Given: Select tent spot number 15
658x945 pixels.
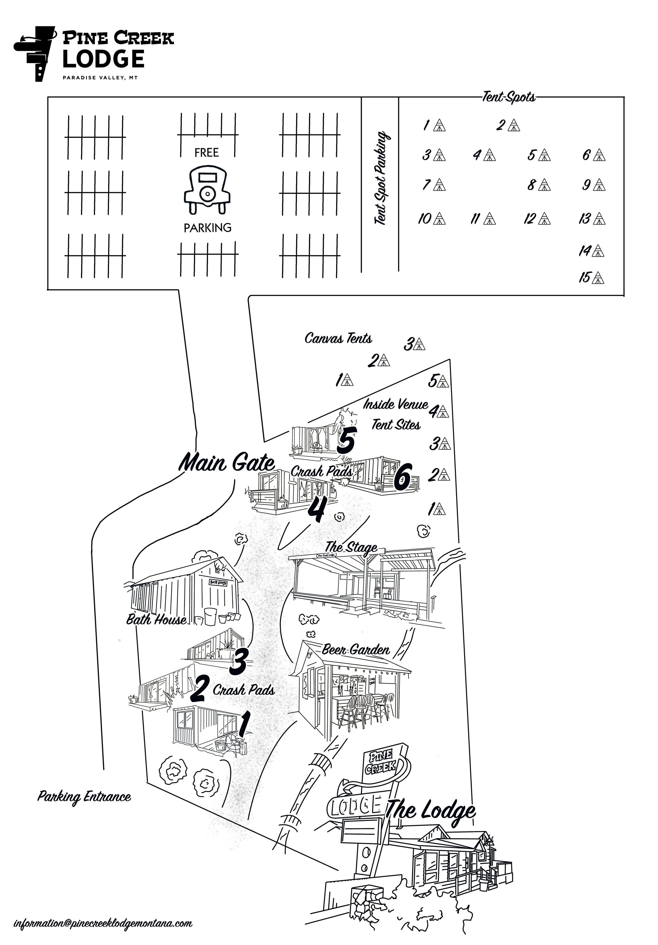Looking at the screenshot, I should pyautogui.click(x=591, y=277).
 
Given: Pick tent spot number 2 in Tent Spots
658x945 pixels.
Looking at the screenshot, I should pyautogui.click(x=508, y=125).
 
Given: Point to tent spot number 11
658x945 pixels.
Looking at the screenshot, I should pyautogui.click(x=483, y=218).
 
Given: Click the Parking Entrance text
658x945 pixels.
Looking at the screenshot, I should pyautogui.click(x=84, y=796).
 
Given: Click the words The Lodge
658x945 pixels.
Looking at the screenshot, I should pyautogui.click(x=431, y=811).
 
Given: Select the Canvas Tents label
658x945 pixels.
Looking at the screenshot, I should pyautogui.click(x=338, y=338).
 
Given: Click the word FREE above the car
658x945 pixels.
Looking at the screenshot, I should pyautogui.click(x=206, y=153).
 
